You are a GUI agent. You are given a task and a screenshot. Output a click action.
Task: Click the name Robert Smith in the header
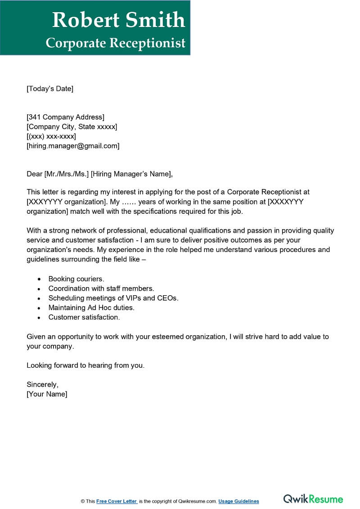coord(118,20)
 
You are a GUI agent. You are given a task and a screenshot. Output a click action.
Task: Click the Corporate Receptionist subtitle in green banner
coord(116,43)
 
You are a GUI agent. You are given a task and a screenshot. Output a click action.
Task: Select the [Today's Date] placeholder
coord(49,89)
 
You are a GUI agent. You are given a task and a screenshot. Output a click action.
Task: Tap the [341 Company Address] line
coord(65,117)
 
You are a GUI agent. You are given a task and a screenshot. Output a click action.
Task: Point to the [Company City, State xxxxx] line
coord(72,127)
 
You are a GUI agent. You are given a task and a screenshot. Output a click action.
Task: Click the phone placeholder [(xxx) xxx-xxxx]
coord(51,136)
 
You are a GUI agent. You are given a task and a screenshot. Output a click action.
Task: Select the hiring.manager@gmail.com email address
coord(73,146)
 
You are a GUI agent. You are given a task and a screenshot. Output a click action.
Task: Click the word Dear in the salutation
coord(34,174)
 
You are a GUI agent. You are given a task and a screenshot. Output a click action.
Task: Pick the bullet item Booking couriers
coord(76,279)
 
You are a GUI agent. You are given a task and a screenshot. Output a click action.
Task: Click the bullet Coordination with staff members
coord(101,288)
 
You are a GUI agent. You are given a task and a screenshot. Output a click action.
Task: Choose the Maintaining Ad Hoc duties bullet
coord(91,308)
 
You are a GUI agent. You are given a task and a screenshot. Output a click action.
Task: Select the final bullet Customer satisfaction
coord(84,317)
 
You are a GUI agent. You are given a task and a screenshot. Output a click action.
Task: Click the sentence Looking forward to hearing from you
coord(85,365)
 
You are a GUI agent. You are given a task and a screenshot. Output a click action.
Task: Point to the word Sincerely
coord(42,385)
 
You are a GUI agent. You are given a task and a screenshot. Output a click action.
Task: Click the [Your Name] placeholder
coord(47,394)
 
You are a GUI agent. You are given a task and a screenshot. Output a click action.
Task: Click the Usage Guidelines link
coord(238,501)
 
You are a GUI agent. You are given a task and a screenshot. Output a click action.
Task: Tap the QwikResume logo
coord(313,499)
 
